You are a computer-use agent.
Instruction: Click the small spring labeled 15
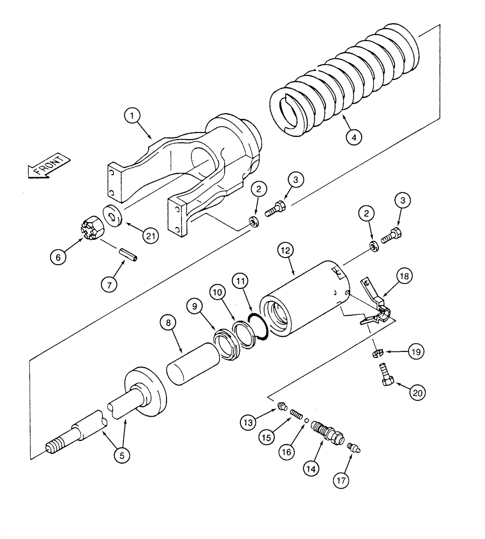pyautogui.click(x=295, y=414)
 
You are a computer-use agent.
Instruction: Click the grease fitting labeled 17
pyautogui.click(x=354, y=446)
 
